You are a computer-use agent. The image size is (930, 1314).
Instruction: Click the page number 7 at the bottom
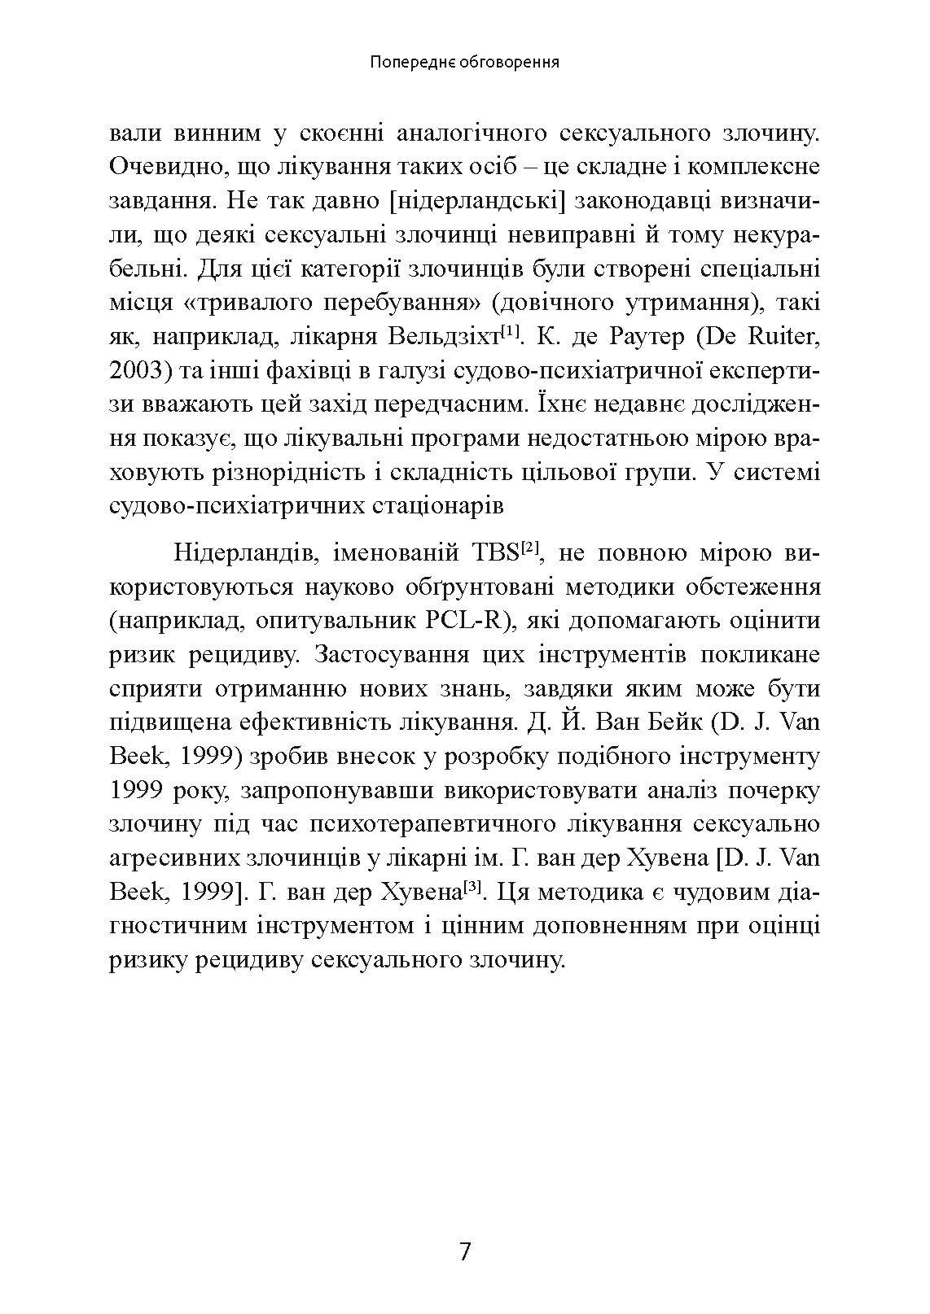465,1251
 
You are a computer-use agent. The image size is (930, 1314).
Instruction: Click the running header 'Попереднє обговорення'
463,62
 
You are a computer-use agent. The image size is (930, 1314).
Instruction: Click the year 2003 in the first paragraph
134,370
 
